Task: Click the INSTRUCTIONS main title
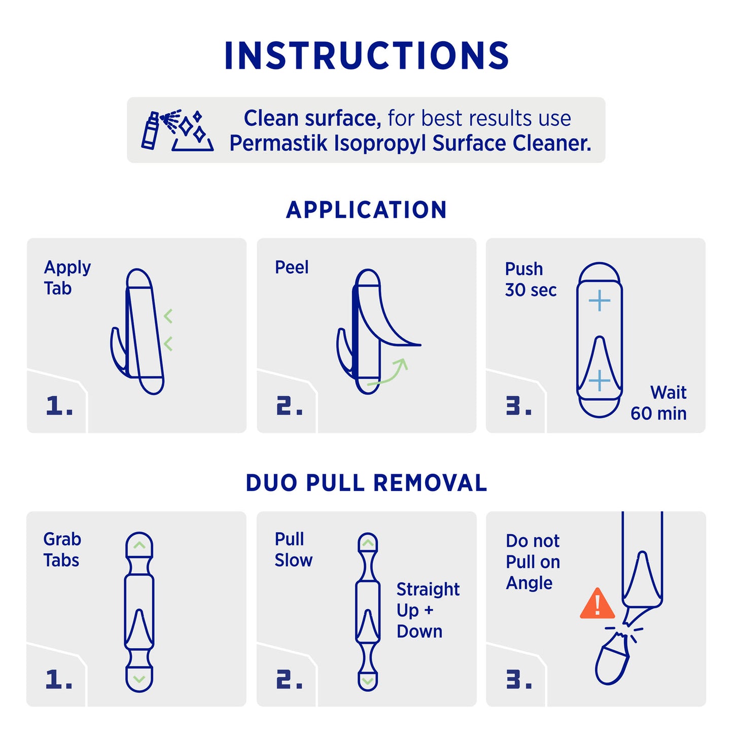366,55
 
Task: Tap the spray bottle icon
150,130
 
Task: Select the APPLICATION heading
366,210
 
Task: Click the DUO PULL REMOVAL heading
366,483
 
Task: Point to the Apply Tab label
67,278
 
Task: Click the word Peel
292,267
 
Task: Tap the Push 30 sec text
531,280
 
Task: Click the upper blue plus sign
600,301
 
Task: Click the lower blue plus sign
600,380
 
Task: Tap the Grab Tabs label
62,550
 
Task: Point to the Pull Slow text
293,550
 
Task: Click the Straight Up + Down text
428,611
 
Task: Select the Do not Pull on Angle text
533,562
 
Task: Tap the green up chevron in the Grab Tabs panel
139,545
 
